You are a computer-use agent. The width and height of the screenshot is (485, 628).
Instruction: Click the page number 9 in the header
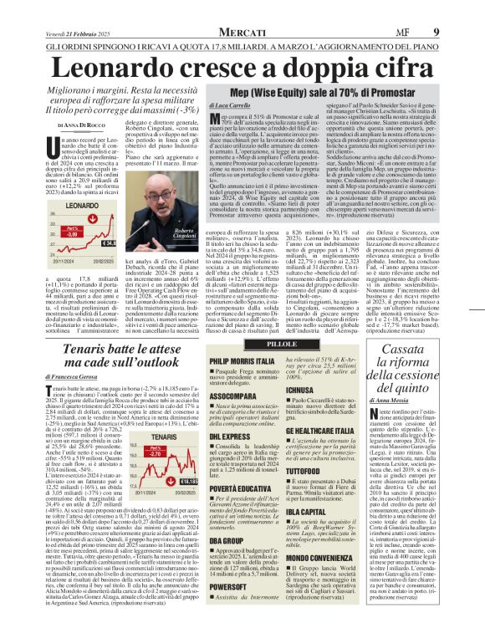click(x=459, y=9)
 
